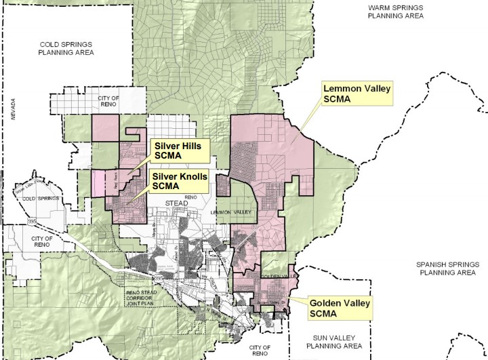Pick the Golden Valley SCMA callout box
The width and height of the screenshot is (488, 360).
click(341, 308)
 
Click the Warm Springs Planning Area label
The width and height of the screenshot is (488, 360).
click(395, 12)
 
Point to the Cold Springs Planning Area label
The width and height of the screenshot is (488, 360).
click(66, 47)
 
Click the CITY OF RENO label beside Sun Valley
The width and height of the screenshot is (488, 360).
click(259, 351)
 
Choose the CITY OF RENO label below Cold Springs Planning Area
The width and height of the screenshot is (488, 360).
click(105, 101)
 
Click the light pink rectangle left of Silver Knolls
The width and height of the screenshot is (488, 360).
click(98, 182)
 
